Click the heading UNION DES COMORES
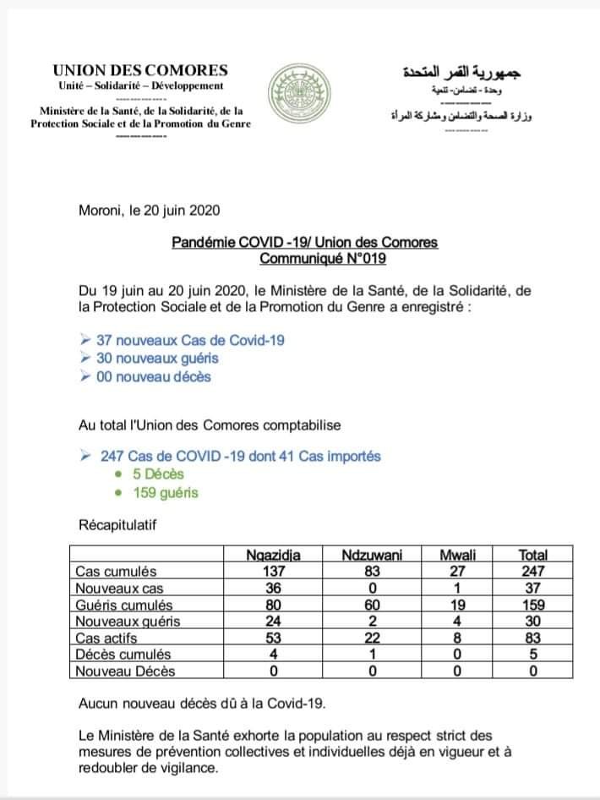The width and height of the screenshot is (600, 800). click(x=139, y=70)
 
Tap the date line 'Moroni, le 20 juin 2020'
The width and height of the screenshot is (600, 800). click(x=150, y=210)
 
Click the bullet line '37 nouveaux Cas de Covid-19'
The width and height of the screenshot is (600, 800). click(x=190, y=340)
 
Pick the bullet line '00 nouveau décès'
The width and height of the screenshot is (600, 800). click(x=153, y=376)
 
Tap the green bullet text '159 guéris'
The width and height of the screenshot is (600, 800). click(x=166, y=492)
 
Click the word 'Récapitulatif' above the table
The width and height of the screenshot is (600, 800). click(x=117, y=525)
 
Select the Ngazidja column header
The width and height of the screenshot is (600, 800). click(x=273, y=556)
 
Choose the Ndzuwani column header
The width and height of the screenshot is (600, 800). click(x=372, y=556)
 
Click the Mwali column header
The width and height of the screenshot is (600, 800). click(x=459, y=556)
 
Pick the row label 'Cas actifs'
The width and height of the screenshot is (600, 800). click(x=105, y=638)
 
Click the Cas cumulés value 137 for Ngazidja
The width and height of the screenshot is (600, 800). click(x=273, y=572)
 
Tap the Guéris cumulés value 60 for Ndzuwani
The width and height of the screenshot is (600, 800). click(x=372, y=605)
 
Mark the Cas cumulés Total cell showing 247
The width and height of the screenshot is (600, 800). click(x=533, y=572)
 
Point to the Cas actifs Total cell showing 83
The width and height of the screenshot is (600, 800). click(x=533, y=638)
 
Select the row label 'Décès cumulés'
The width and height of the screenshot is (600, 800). click(x=123, y=654)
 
